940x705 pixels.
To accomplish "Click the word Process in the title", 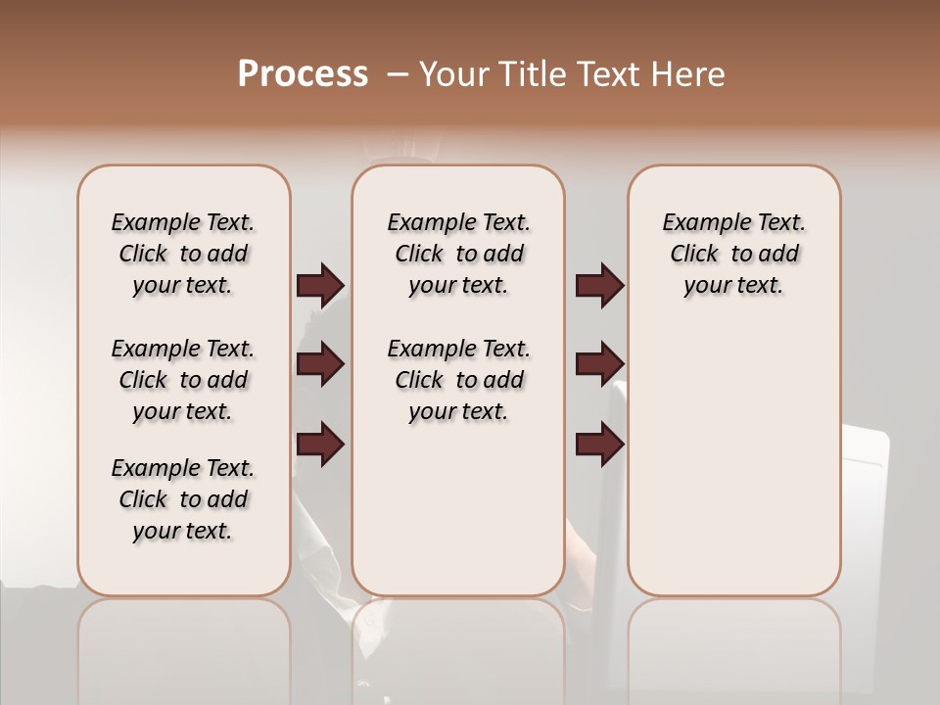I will click(303, 74).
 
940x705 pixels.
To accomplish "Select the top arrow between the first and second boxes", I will click(320, 286).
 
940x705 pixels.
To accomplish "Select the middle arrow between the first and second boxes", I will click(320, 365).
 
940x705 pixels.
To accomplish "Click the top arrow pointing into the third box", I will click(599, 286).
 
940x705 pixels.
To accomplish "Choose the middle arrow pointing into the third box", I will click(599, 365).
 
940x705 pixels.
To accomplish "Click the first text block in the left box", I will click(183, 254).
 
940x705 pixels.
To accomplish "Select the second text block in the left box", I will click(183, 380).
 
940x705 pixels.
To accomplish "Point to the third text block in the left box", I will click(183, 499).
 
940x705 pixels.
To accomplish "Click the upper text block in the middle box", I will click(458, 254).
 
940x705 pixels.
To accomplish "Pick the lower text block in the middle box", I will click(458, 380).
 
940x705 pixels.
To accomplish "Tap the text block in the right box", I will click(733, 254).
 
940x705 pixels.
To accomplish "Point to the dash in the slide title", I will click(398, 74).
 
